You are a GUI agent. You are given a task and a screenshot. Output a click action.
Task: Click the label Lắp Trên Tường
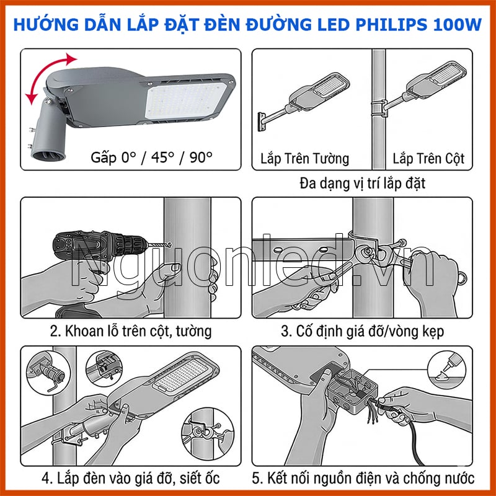(x=303, y=159)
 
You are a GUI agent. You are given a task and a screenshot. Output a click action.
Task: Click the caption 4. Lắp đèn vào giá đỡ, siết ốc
(x=130, y=479)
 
